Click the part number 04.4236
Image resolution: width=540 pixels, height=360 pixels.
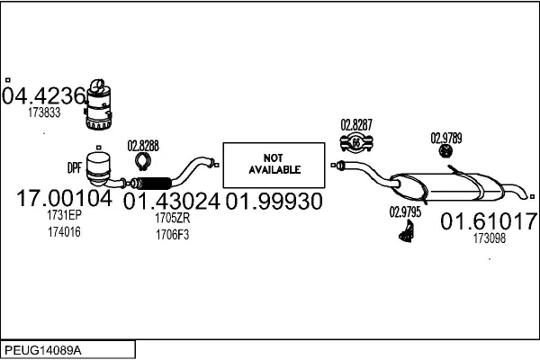click(43, 95)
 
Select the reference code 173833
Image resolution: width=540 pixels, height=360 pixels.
click(44, 113)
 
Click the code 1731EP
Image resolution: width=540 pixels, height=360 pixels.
click(64, 216)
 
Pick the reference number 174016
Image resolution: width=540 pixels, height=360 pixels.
click(64, 232)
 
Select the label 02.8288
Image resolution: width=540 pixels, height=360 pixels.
click(143, 145)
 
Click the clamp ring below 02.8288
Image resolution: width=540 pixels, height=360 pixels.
click(142, 162)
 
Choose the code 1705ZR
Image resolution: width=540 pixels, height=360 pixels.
click(171, 219)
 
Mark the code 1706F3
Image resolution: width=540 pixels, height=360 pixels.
click(171, 234)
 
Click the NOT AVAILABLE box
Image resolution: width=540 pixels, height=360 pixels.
click(271, 163)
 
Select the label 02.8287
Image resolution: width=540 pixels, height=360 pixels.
click(356, 124)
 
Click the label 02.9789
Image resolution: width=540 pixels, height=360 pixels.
click(445, 138)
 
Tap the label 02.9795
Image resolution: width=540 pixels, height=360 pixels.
click(405, 212)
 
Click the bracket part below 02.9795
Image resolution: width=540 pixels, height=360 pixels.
click(406, 233)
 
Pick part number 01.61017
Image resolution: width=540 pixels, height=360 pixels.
click(489, 221)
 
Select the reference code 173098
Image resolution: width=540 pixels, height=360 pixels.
click(489, 239)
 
